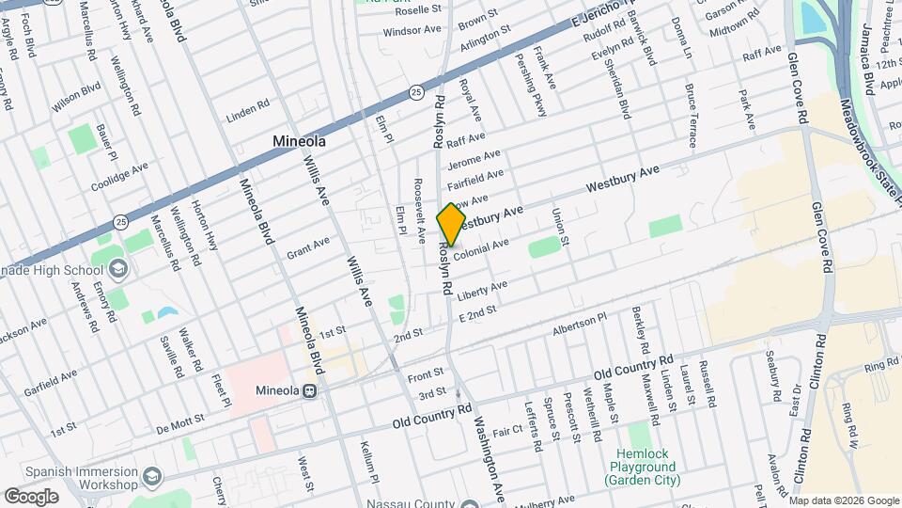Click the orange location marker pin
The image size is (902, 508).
452,224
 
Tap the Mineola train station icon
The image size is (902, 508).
320,391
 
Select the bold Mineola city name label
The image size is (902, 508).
299,142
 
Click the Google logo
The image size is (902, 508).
31,496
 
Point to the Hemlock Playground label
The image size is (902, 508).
643,466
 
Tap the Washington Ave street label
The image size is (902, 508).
490,459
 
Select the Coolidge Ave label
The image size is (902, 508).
119,177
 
